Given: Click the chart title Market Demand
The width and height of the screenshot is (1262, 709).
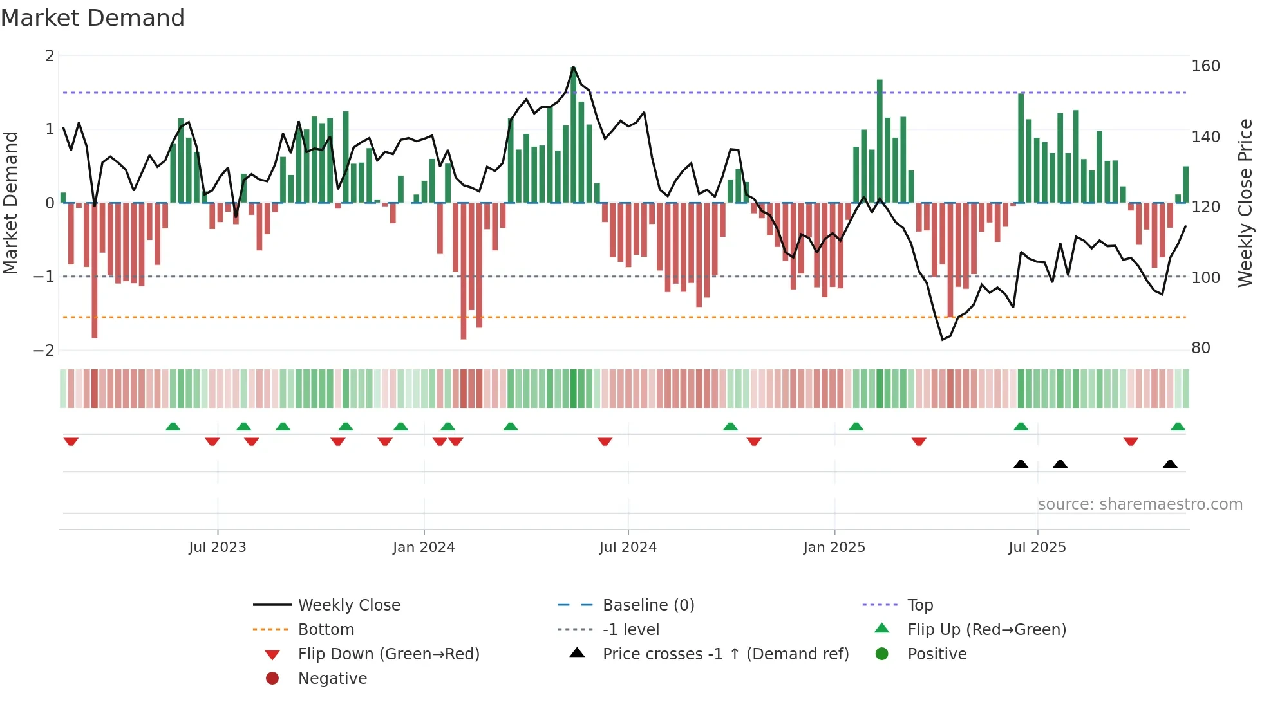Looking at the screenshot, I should pyautogui.click(x=93, y=18).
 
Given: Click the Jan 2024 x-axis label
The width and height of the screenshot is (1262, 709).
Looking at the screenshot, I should pyautogui.click(x=424, y=548).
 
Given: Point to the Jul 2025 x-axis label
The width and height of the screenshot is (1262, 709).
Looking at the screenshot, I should pyautogui.click(x=1037, y=548).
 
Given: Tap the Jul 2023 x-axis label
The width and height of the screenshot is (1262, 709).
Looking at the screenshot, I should pyautogui.click(x=218, y=548).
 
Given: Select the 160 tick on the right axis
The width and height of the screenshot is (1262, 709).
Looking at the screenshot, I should pyautogui.click(x=1205, y=66).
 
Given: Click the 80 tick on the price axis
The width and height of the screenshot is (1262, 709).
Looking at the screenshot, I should pyautogui.click(x=1201, y=348).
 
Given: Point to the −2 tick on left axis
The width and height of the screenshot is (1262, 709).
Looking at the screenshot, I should pyautogui.click(x=44, y=351).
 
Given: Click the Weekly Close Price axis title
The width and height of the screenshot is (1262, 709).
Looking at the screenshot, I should pyautogui.click(x=1245, y=203).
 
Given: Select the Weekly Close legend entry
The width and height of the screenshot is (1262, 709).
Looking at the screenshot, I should pyautogui.click(x=348, y=605).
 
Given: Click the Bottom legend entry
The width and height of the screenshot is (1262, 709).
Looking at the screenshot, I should pyautogui.click(x=326, y=630).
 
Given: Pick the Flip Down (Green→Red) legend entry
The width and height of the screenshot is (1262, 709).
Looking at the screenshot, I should pyautogui.click(x=388, y=654).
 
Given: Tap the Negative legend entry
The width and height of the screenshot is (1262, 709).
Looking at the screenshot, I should pyautogui.click(x=332, y=679).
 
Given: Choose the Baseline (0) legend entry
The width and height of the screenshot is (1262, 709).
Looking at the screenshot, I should pyautogui.click(x=648, y=605).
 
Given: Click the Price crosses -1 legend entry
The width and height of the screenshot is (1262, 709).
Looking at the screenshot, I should pyautogui.click(x=725, y=654).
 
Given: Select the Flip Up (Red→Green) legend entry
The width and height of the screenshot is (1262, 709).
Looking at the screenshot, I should pyautogui.click(x=986, y=630).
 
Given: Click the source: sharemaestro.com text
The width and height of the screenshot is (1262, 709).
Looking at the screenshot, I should pyautogui.click(x=1140, y=504).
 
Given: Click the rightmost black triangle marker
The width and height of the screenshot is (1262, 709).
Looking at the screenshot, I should pyautogui.click(x=1170, y=465).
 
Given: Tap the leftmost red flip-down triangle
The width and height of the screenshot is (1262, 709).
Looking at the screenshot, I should pyautogui.click(x=71, y=441).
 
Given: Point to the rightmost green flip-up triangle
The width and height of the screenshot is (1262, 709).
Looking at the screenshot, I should pyautogui.click(x=1178, y=427).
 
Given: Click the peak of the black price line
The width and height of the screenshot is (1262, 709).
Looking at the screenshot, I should pyautogui.click(x=573, y=68).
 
